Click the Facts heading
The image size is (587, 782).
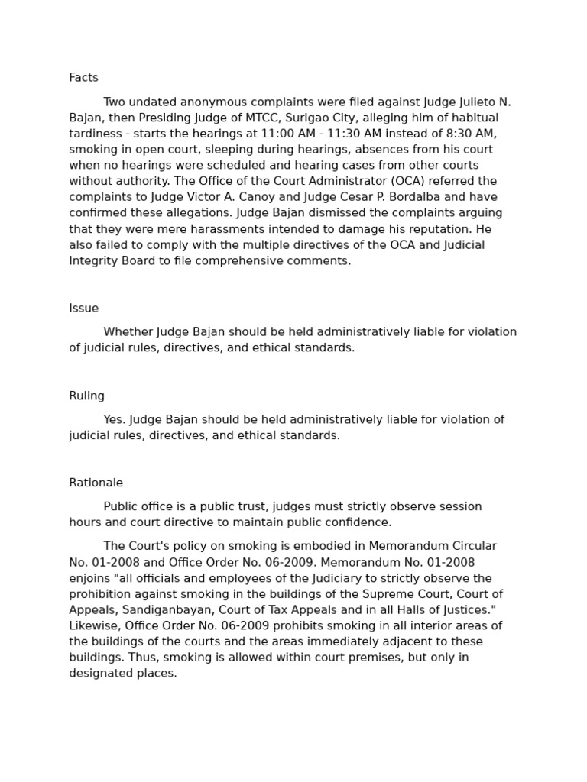(83, 78)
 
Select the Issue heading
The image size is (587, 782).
(83, 309)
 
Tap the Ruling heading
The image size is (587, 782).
(86, 396)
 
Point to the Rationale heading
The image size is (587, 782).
(96, 483)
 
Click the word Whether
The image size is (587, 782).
(128, 332)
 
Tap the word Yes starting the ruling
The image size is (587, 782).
(115, 420)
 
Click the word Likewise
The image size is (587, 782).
(94, 626)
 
